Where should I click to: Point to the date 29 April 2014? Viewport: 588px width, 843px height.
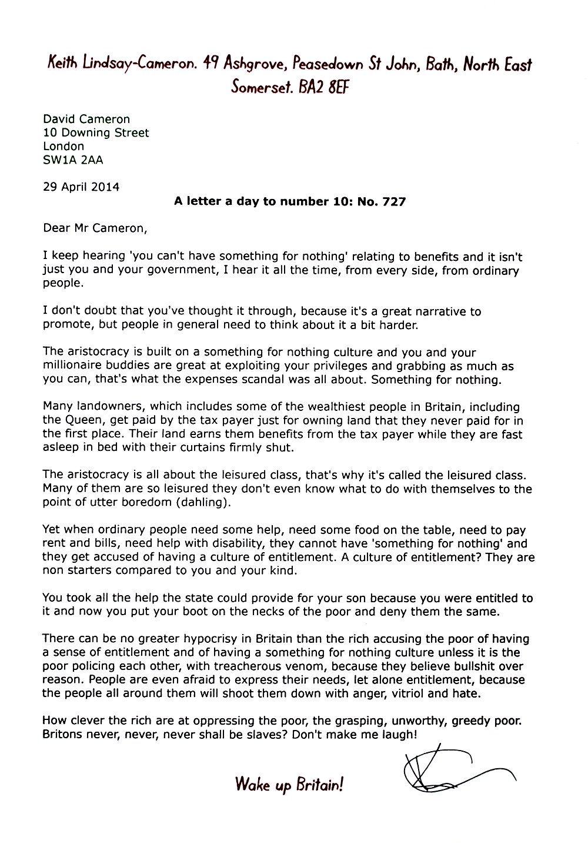point(81,187)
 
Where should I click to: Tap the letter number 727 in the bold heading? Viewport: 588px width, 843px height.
point(393,201)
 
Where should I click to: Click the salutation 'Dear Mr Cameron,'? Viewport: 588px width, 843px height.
point(93,228)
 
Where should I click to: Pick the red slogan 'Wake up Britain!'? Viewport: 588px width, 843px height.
point(289,784)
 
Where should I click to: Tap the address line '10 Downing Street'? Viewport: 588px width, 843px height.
point(96,132)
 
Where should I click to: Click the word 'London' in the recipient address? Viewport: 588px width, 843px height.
point(64,146)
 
